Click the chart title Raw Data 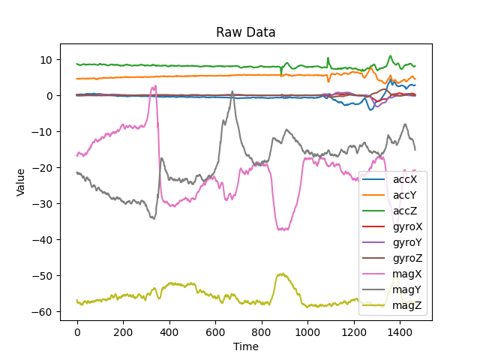coord(246,32)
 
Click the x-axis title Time coord(246,346)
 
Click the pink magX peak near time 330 coord(154,86)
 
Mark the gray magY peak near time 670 coord(232,91)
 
